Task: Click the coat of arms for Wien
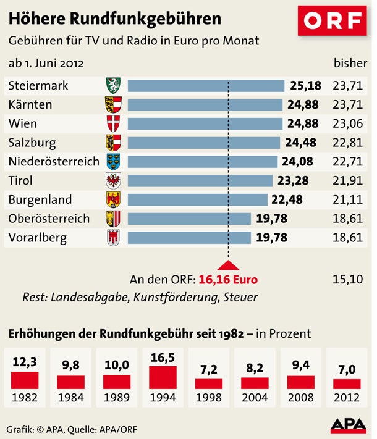click(113, 123)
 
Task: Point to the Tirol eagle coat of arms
click(113, 181)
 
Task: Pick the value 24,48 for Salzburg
click(300, 143)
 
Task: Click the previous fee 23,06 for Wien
click(347, 123)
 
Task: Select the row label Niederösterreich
click(54, 162)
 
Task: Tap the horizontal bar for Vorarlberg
click(189, 238)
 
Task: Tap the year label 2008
click(301, 398)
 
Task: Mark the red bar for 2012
click(347, 383)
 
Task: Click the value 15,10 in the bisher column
click(347, 279)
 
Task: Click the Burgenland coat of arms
click(113, 199)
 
